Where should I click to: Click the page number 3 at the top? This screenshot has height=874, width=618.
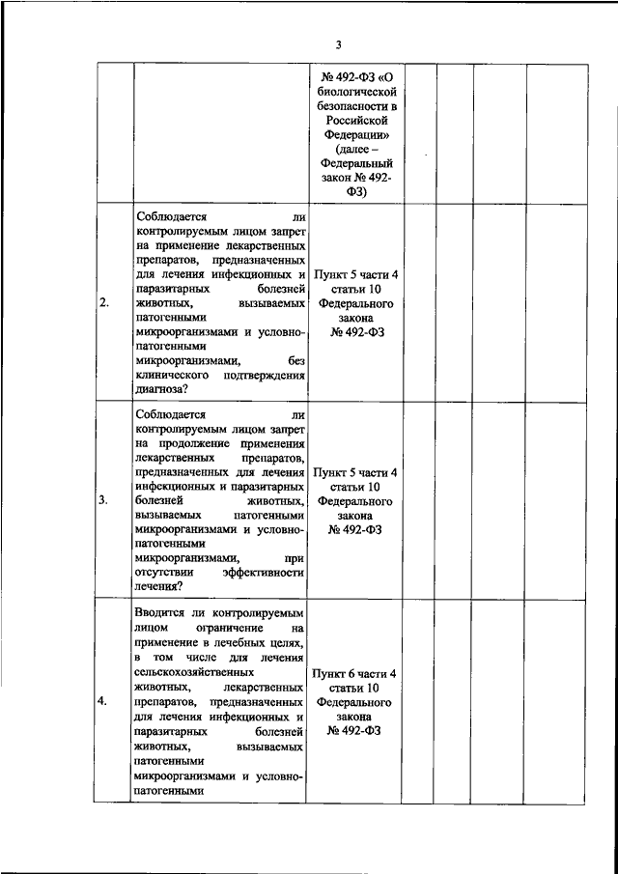338,43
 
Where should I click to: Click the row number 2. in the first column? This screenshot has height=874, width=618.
104,303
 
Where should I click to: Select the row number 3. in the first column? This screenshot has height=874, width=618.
104,501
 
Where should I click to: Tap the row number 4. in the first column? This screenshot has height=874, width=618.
104,701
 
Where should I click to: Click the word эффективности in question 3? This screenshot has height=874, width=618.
264,573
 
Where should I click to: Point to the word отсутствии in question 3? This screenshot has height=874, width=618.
166,573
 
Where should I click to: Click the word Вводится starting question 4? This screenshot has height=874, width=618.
164,613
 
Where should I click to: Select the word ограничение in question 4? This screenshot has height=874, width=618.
220,628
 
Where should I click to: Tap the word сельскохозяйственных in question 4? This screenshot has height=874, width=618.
196,671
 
